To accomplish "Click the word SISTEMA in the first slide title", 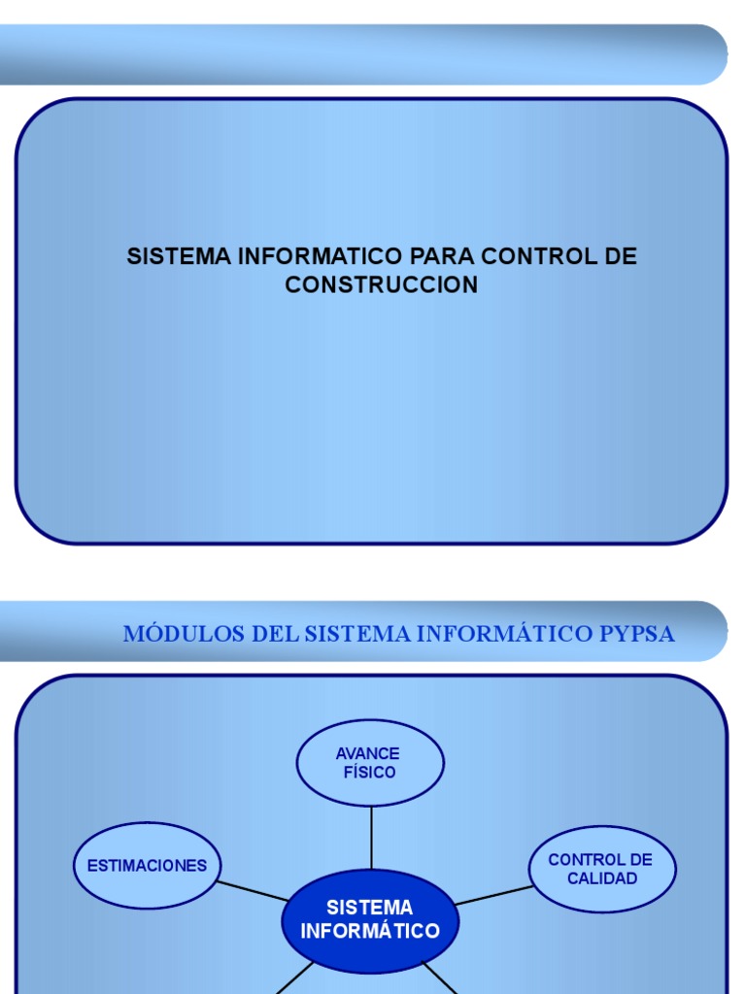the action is click(x=179, y=257).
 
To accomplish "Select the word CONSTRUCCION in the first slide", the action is click(x=382, y=285).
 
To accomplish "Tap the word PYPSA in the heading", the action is click(x=637, y=634).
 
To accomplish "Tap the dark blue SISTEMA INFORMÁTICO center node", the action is click(x=370, y=919).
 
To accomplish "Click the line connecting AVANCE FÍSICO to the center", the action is click(x=371, y=837).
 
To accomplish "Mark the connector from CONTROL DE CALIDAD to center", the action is click(x=493, y=895).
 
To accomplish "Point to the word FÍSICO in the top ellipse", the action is click(x=369, y=773).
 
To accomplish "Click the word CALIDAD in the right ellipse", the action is click(x=602, y=878).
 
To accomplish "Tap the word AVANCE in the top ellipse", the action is click(x=368, y=753).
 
